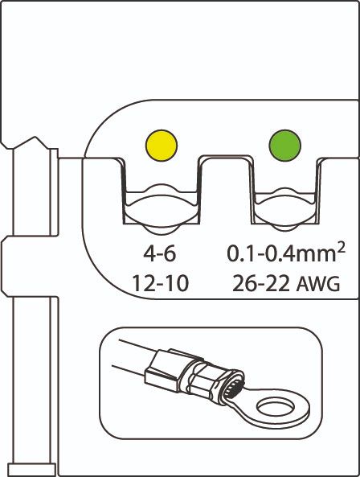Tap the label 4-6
pyautogui.click(x=160, y=254)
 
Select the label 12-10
pyautogui.click(x=161, y=283)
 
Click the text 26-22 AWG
pyautogui.click(x=285, y=283)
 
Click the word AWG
pyautogui.click(x=318, y=284)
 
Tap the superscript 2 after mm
pyautogui.click(x=342, y=249)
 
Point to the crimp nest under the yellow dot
pyautogui.click(x=161, y=201)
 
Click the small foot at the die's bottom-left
pyautogui.click(x=32, y=469)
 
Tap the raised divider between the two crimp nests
pyautogui.click(x=226, y=188)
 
